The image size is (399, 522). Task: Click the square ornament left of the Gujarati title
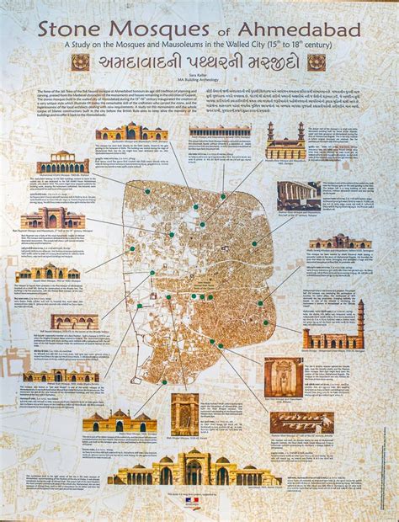80,61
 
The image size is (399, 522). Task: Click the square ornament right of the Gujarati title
317,61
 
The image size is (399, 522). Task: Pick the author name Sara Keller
199,77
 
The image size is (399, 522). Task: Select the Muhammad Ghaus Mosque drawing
63,162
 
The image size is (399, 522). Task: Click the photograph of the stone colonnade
298,195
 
